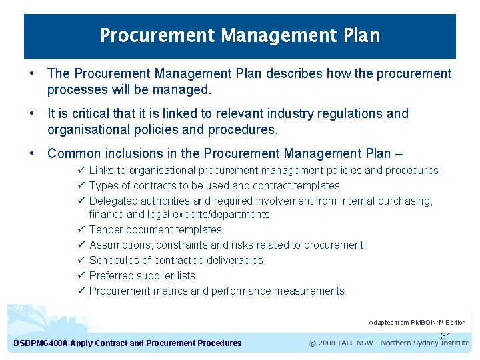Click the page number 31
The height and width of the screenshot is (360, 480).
pos(446,336)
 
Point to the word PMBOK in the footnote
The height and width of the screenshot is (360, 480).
pos(423,323)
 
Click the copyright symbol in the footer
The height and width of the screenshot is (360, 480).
pos(313,343)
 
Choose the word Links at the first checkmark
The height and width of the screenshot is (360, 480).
pos(101,171)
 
